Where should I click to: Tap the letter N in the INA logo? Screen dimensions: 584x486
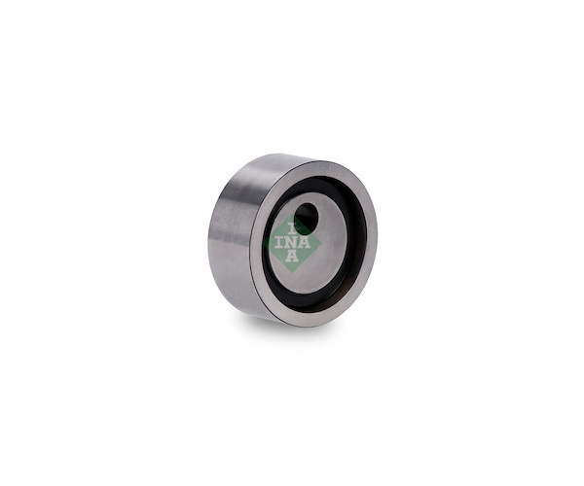tap(292, 243)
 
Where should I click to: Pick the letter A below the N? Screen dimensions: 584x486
tap(292, 256)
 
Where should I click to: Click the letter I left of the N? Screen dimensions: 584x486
tap(278, 243)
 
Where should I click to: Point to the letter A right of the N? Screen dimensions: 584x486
tap(305, 243)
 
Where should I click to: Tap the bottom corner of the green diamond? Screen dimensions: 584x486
tap(292, 272)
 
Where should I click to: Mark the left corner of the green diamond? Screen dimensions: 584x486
tap(264, 242)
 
